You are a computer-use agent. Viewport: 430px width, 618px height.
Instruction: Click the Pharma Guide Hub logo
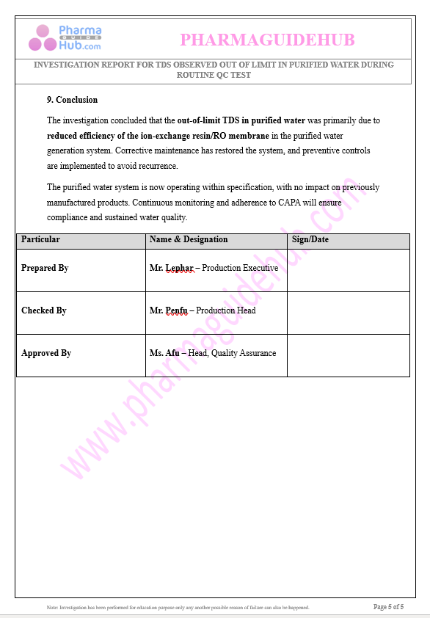click(x=65, y=38)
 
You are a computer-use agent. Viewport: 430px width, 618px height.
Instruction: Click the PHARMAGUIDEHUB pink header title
click(x=267, y=40)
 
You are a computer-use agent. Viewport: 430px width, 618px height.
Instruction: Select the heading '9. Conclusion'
click(x=72, y=100)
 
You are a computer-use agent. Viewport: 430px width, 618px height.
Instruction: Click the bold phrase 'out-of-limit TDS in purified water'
click(x=241, y=120)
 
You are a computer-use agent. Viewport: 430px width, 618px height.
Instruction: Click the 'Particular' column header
click(x=40, y=239)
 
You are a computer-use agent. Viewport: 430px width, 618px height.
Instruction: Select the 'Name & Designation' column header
click(x=189, y=239)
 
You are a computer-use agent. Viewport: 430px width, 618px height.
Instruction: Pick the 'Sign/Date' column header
click(x=310, y=239)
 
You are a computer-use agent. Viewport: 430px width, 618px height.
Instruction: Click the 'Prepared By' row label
click(x=45, y=268)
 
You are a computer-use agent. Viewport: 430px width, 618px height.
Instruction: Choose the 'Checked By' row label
click(x=44, y=310)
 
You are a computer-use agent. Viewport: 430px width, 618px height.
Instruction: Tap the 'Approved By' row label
click(x=46, y=353)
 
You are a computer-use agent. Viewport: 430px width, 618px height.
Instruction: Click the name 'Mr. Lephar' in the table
click(x=171, y=268)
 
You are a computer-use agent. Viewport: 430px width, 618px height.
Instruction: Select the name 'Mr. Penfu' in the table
click(x=169, y=310)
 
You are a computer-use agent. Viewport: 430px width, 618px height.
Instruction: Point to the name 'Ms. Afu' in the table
click(x=164, y=353)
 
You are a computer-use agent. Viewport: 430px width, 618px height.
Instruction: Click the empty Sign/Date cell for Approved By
click(x=348, y=355)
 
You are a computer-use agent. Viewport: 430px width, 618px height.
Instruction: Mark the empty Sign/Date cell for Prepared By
click(x=348, y=270)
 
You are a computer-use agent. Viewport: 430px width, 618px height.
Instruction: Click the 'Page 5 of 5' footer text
click(x=388, y=607)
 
